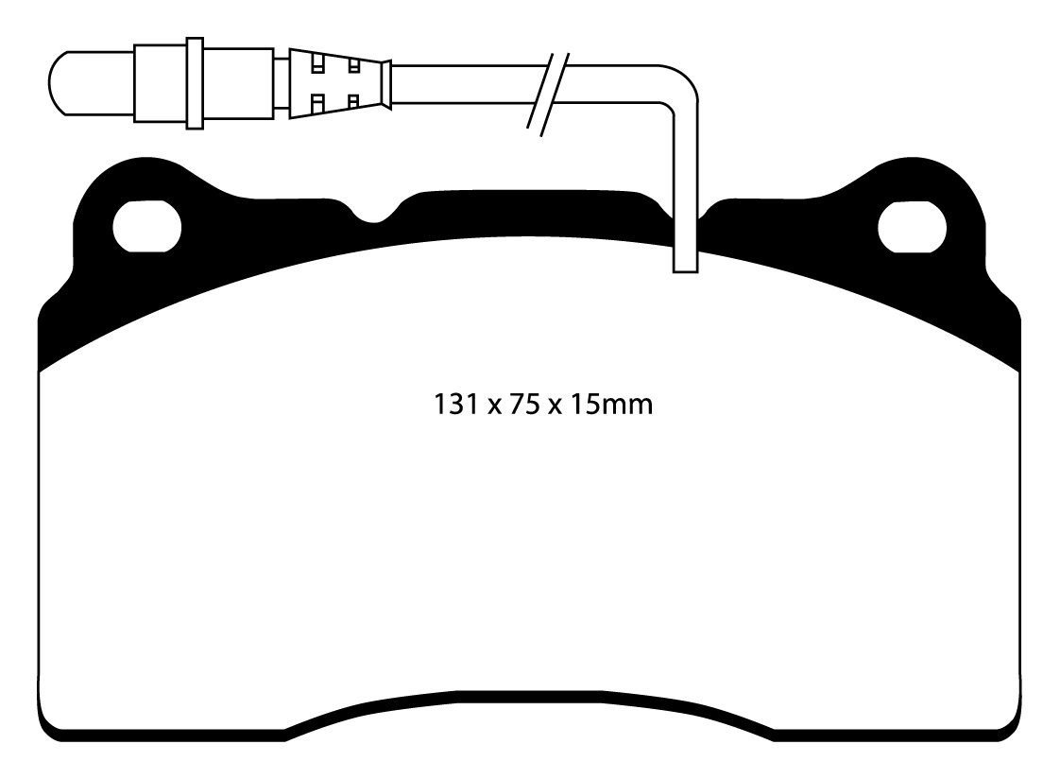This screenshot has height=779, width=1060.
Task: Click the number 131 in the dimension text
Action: coord(453,407)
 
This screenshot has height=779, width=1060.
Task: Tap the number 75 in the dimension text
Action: coord(521,407)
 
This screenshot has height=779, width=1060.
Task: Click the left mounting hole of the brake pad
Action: coord(146,228)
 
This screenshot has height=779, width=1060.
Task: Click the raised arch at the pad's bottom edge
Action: coord(529,701)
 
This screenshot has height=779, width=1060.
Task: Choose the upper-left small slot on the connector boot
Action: coord(318,65)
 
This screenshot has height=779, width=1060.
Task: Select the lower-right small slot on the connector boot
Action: coord(353,100)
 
